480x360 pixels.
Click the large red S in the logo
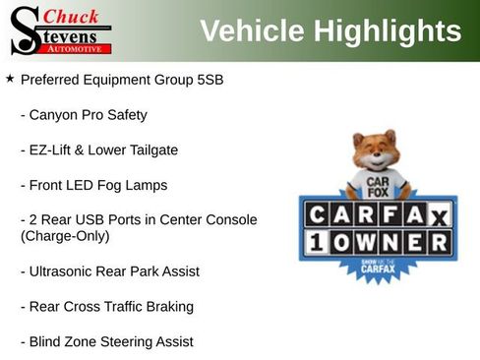[25, 30]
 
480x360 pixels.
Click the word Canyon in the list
[55, 114]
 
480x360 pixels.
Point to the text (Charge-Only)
[65, 236]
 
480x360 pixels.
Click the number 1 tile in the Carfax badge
[317, 241]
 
